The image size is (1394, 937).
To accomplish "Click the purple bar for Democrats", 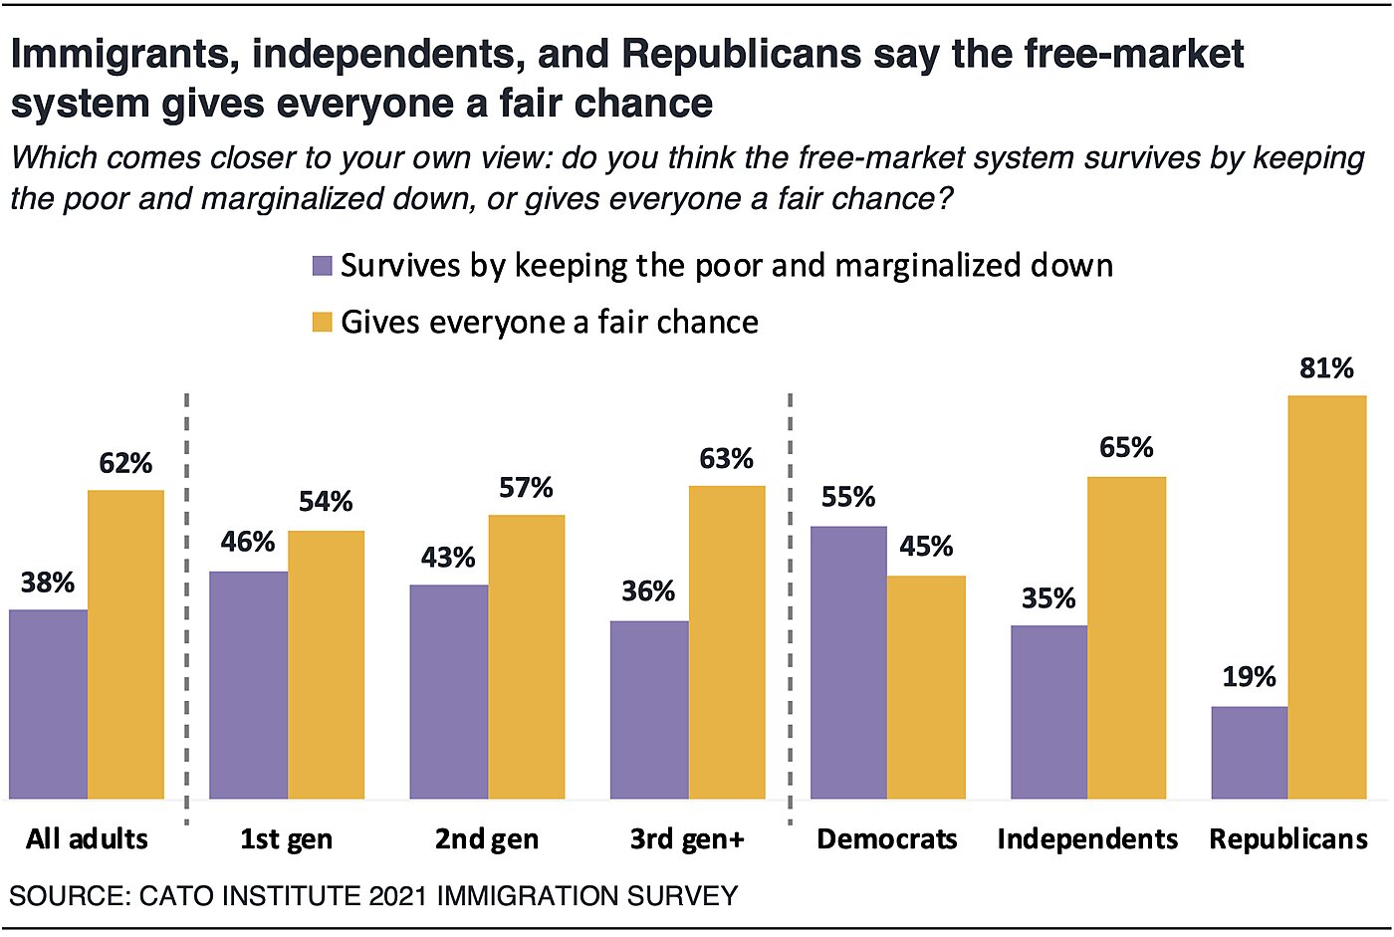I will pyautogui.click(x=848, y=662).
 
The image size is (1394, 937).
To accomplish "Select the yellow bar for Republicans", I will pyautogui.click(x=1326, y=597).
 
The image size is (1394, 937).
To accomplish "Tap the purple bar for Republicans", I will pyautogui.click(x=1249, y=753).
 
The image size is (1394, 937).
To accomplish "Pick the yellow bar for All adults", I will pyautogui.click(x=125, y=644).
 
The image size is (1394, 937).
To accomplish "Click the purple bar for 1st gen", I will pyautogui.click(x=248, y=685).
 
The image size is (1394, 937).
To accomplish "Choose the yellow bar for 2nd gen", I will pyautogui.click(x=526, y=657).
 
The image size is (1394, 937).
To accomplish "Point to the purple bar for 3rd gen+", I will pyautogui.click(x=648, y=710).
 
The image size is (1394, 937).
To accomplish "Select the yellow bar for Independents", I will pyautogui.click(x=1126, y=637).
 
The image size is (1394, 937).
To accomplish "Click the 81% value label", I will pyautogui.click(x=1326, y=368).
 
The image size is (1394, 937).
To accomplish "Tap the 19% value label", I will pyautogui.click(x=1249, y=677).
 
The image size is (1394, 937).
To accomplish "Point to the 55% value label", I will pyautogui.click(x=848, y=497).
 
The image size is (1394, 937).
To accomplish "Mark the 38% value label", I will pyautogui.click(x=48, y=583).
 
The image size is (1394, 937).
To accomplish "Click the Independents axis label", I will pyautogui.click(x=1087, y=839).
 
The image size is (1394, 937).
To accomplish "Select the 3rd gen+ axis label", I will pyautogui.click(x=687, y=839).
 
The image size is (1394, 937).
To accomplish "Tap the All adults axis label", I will pyautogui.click(x=87, y=839).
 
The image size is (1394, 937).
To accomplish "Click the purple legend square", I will pyautogui.click(x=322, y=266).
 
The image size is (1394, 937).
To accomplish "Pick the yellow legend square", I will pyautogui.click(x=322, y=322).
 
